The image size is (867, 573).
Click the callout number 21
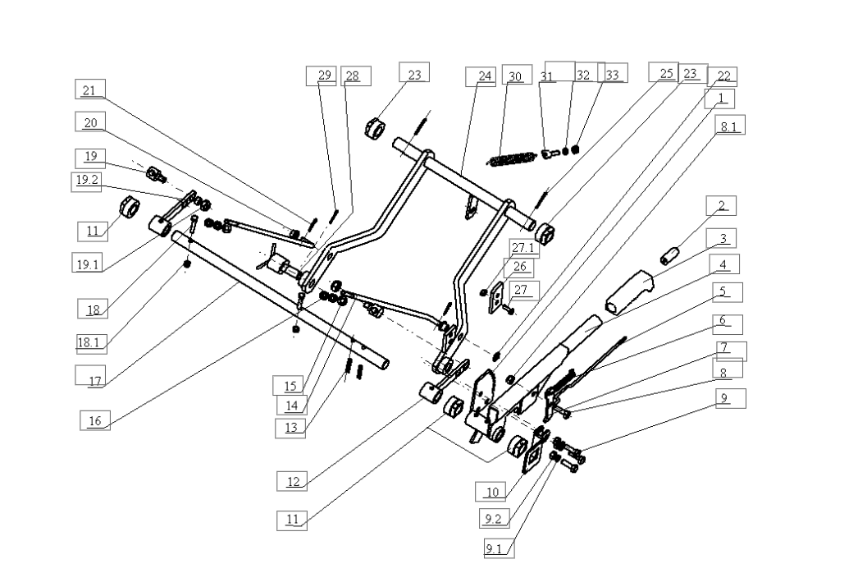90,89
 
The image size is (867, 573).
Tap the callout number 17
94,380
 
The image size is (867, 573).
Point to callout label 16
95,420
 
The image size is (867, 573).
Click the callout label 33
612,74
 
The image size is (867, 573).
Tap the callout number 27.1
523,247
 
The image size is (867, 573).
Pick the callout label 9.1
494,548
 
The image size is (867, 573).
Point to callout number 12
293,481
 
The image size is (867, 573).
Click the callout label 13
291,428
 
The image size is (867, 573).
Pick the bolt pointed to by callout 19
156,175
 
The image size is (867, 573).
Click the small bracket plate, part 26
496,297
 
